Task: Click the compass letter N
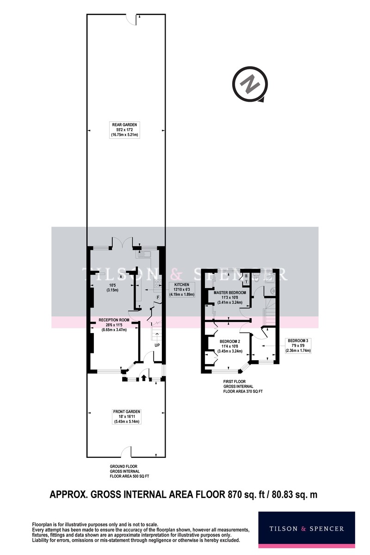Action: tap(250, 84)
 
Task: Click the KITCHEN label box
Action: tap(182, 290)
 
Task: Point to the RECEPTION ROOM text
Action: tap(114, 320)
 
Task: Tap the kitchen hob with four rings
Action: tap(158, 283)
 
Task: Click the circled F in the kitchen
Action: tap(158, 297)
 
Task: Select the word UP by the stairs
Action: tap(157, 345)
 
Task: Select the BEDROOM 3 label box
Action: tap(298, 345)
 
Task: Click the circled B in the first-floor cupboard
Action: tap(247, 276)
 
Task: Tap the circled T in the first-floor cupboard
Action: tap(247, 282)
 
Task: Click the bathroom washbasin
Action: tap(272, 290)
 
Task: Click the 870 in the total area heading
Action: tap(234, 494)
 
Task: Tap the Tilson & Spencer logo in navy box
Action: tap(307, 529)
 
